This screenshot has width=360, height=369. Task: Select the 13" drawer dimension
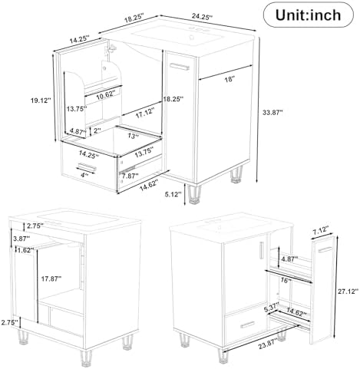coord(134,136)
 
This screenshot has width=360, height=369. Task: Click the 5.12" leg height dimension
coord(174,195)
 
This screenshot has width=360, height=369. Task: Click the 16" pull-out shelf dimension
coord(285,281)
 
